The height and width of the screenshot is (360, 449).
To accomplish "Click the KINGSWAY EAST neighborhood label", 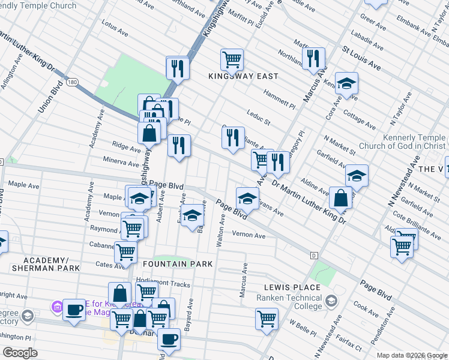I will point(243,76).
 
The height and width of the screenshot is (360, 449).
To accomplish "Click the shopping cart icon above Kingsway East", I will point(232,59).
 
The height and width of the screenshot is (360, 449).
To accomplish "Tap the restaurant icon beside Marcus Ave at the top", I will point(313,59).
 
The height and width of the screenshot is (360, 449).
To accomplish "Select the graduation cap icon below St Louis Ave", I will point(346,84).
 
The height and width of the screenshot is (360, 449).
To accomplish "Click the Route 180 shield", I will point(72,82).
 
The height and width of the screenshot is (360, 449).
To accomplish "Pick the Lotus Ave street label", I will point(115,29).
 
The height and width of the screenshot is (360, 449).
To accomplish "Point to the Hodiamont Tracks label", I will point(163,284).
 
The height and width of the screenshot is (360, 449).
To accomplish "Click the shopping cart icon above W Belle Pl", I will point(267,319).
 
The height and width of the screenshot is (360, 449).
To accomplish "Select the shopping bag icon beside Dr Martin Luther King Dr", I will point(340,199).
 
